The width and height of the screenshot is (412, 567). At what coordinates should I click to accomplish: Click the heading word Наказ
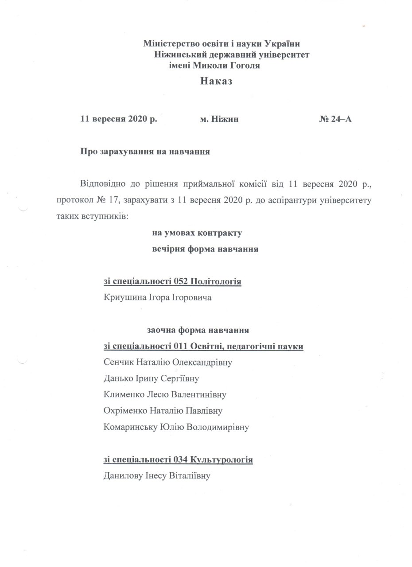click(216, 81)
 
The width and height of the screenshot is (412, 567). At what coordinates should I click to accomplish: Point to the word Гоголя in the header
click(243, 66)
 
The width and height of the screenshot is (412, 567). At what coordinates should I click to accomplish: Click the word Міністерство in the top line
click(170, 43)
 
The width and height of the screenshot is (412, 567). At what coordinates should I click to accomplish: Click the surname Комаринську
click(128, 427)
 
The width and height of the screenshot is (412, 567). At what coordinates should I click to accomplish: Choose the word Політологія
click(216, 282)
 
